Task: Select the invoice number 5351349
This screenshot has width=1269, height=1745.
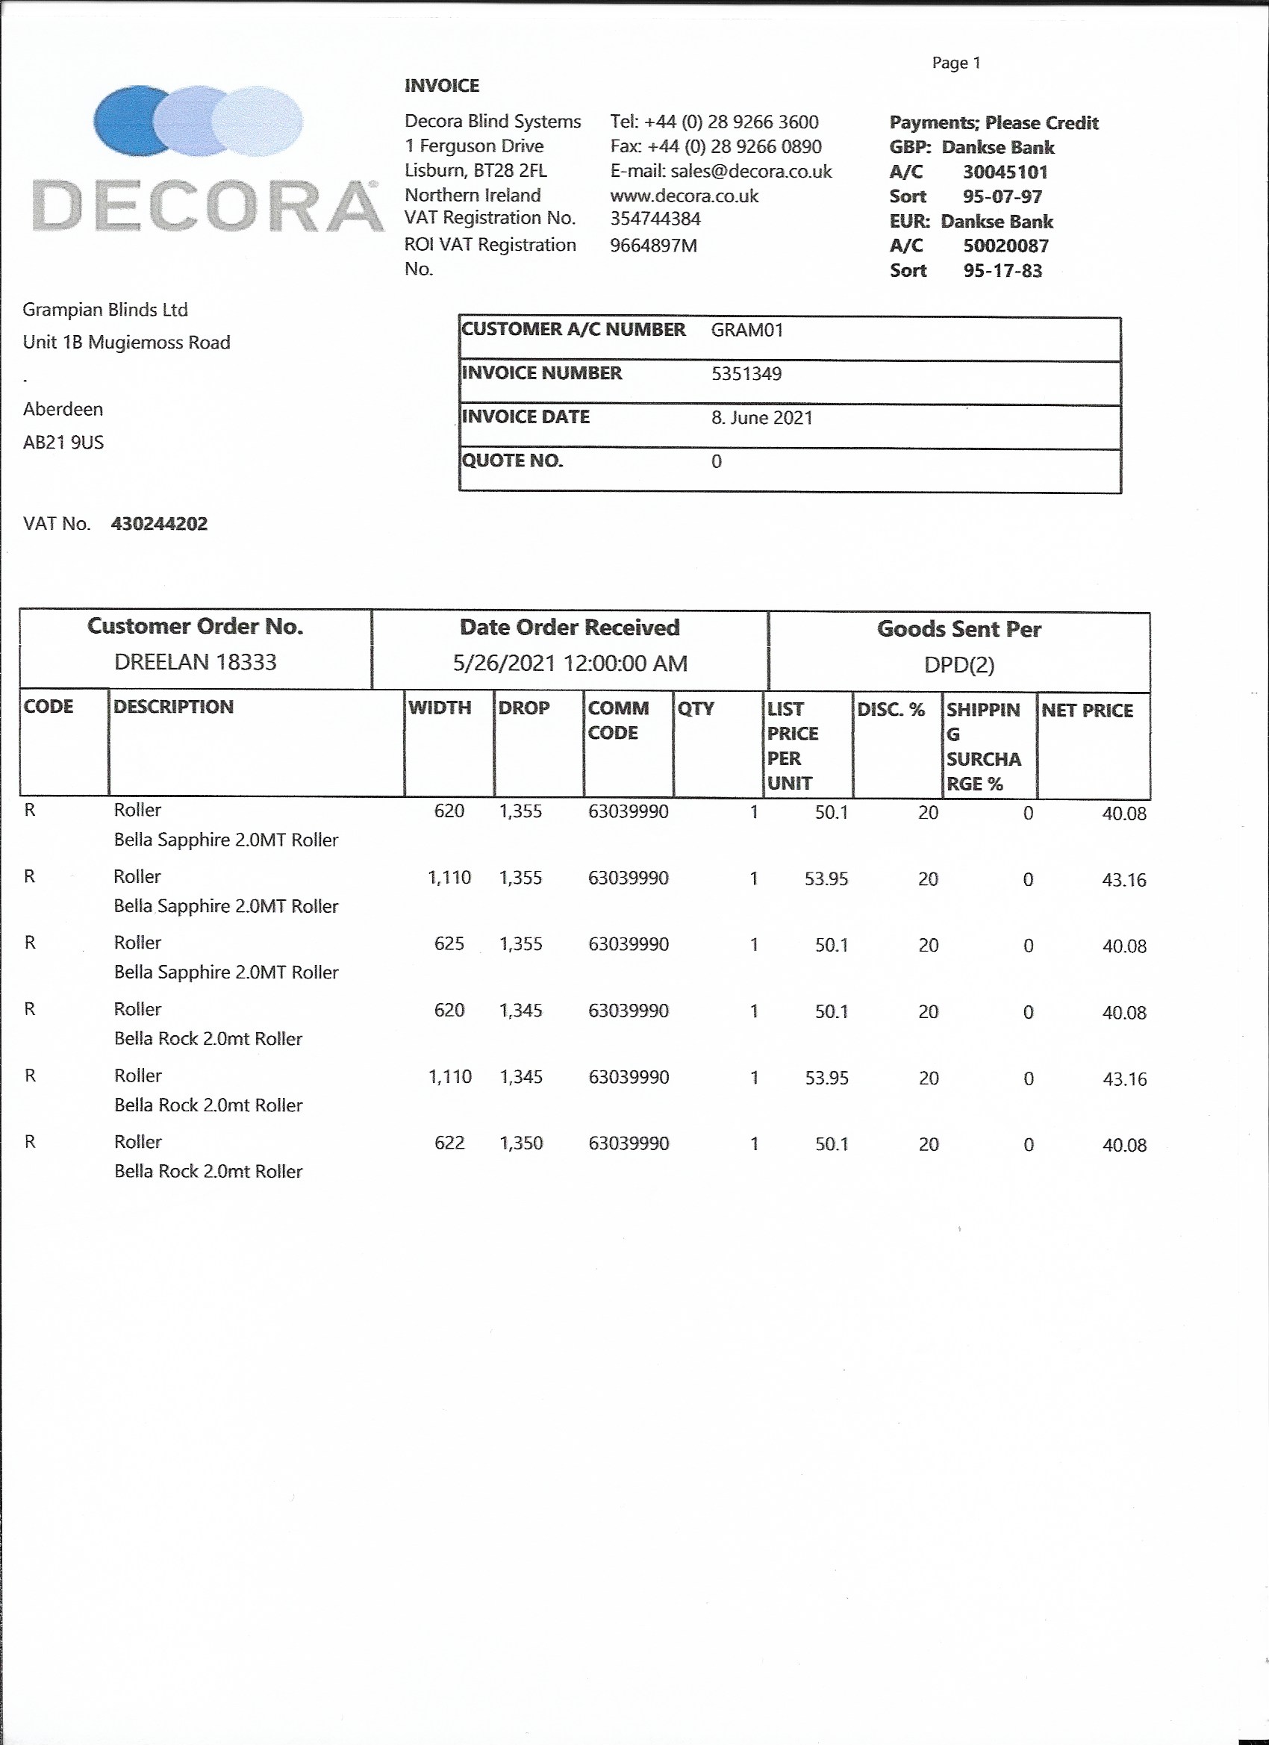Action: tap(746, 374)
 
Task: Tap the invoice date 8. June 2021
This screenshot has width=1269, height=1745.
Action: tap(761, 418)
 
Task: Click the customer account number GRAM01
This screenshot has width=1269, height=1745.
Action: tap(746, 330)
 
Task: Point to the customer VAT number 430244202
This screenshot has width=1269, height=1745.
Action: tap(159, 524)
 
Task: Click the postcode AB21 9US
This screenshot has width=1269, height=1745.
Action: tap(63, 443)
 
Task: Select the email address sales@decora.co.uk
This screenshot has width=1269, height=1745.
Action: tap(750, 171)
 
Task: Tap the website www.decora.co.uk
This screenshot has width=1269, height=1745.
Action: tap(683, 196)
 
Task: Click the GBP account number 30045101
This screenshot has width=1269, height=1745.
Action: tap(1004, 172)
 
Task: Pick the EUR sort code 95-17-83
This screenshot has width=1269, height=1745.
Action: tap(1002, 271)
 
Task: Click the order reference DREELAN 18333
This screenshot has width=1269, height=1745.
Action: tap(195, 662)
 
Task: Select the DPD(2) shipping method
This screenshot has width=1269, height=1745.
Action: tap(959, 665)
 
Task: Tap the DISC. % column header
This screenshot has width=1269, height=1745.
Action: tap(891, 709)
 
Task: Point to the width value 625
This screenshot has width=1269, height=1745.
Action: tap(449, 944)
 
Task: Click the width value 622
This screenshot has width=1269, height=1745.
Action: tap(449, 1143)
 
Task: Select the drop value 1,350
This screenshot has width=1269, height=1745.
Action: tap(521, 1143)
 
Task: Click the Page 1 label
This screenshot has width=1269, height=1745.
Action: tap(955, 63)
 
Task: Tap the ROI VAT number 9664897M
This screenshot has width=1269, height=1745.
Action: tap(653, 246)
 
